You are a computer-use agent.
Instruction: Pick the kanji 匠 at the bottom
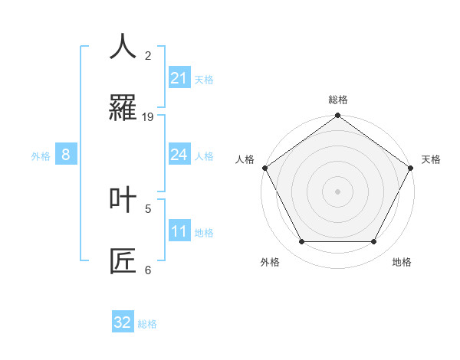(123, 260)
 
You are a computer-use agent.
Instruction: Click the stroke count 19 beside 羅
(148, 116)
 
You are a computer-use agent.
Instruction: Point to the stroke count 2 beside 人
(148, 55)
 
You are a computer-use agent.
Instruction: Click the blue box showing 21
(179, 78)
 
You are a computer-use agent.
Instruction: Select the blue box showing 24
(179, 155)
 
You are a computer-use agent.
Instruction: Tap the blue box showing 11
(179, 231)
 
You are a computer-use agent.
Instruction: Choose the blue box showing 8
(65, 155)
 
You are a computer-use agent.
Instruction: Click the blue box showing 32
(123, 322)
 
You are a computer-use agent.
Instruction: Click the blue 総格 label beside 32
(147, 324)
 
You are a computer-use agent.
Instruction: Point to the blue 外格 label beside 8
(41, 156)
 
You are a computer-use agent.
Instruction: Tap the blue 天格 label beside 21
(204, 79)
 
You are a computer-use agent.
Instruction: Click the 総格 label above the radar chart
(337, 100)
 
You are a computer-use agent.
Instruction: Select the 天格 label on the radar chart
(431, 159)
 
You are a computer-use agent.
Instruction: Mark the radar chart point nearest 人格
(264, 168)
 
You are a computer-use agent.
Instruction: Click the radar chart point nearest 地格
(374, 242)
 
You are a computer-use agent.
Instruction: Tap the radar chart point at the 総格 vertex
(337, 116)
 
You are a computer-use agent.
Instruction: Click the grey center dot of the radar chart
(337, 191)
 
